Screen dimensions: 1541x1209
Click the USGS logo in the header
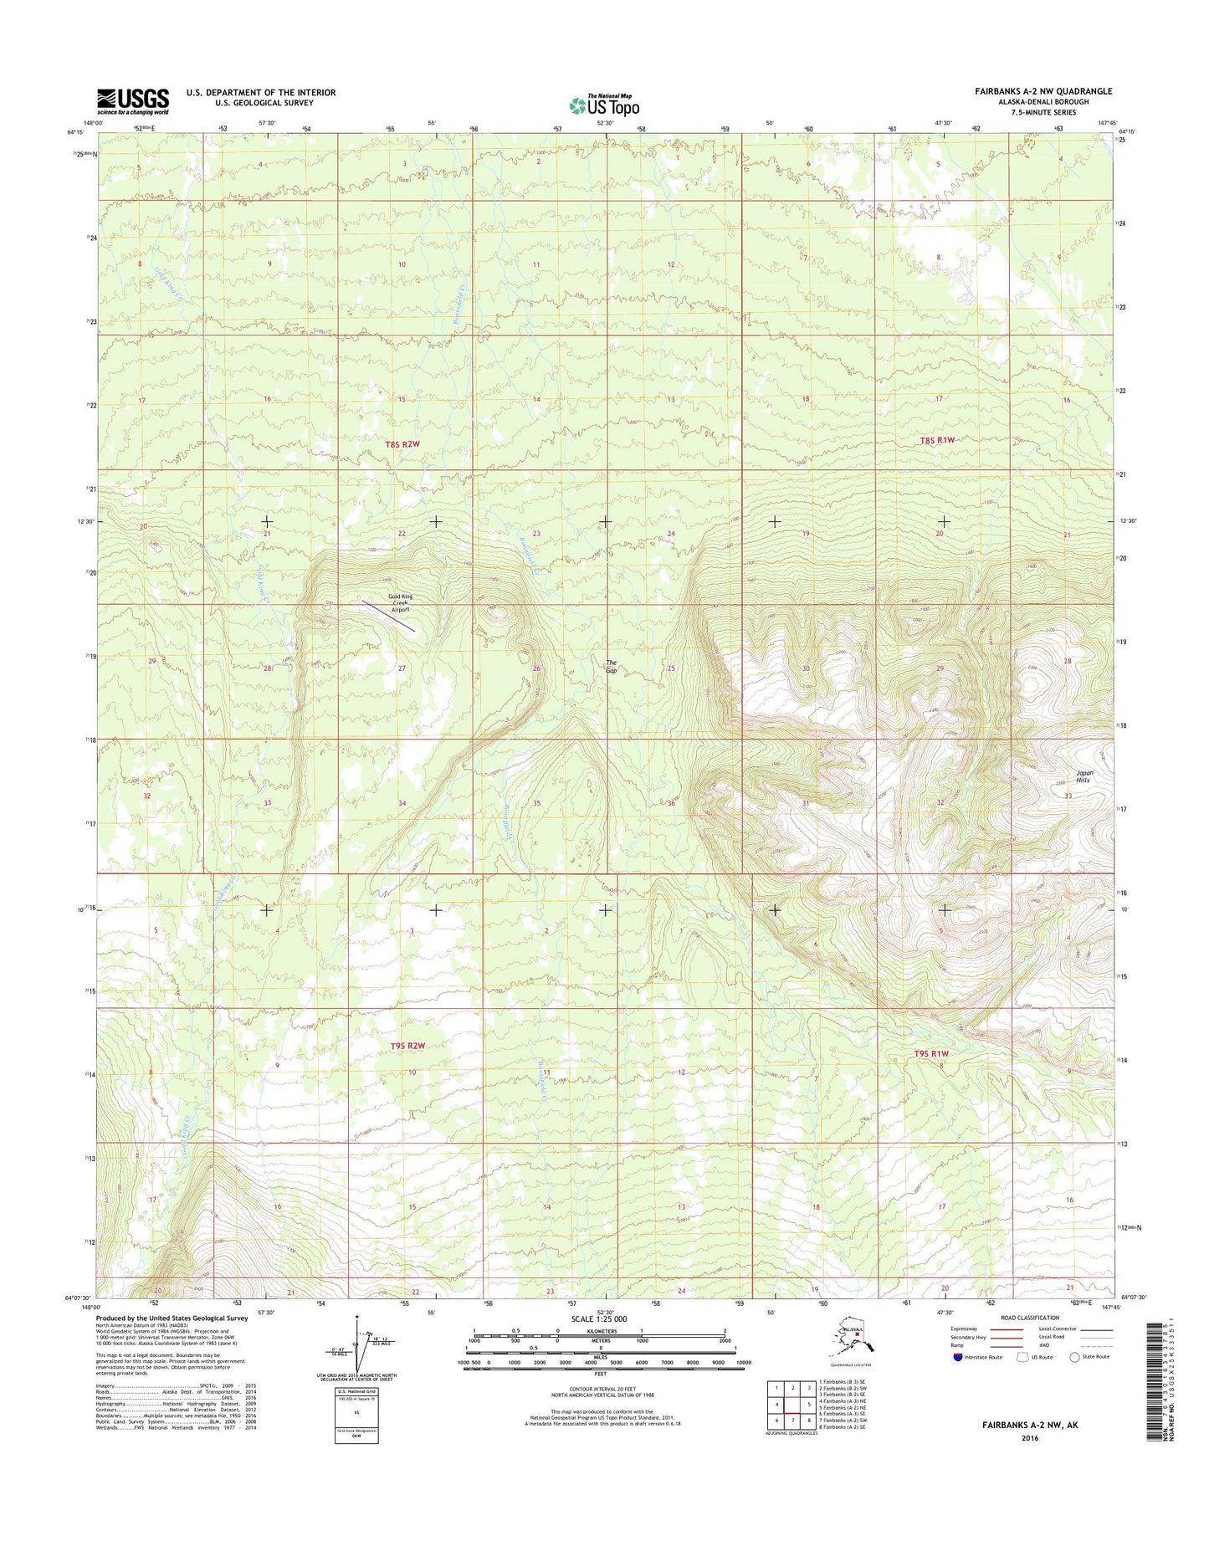pyautogui.click(x=133, y=101)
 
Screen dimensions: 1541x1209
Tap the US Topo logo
pyautogui.click(x=604, y=105)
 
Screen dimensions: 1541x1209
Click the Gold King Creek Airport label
pyautogui.click(x=400, y=602)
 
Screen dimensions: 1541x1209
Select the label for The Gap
pyautogui.click(x=612, y=666)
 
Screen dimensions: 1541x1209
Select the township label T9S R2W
pyautogui.click(x=407, y=1046)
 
